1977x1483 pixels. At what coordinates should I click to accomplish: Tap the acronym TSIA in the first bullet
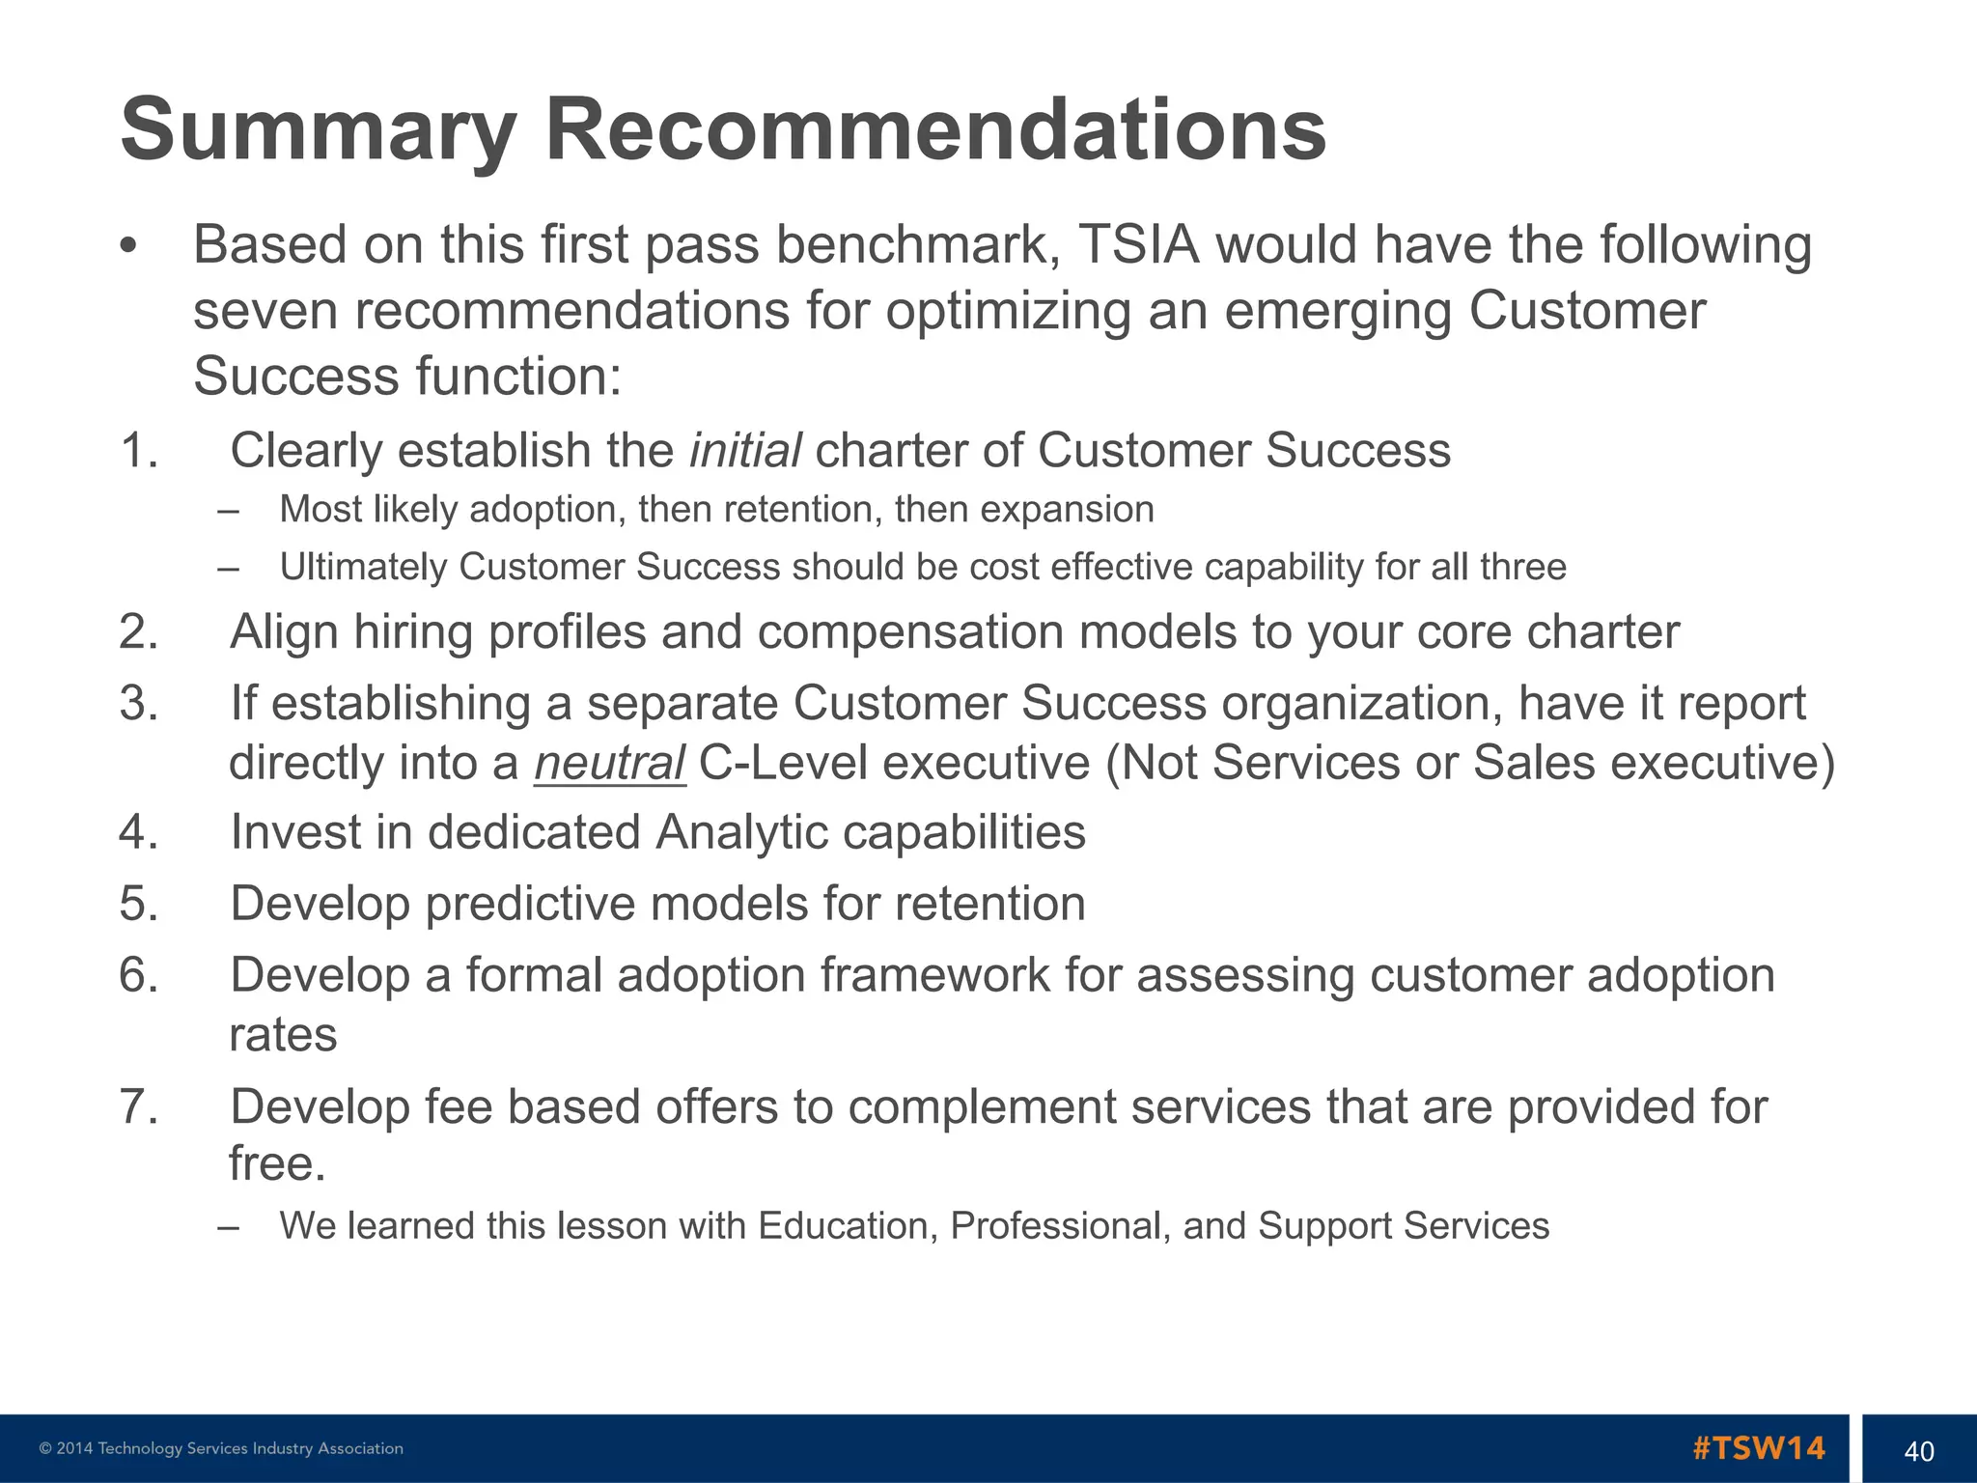pyautogui.click(x=1138, y=244)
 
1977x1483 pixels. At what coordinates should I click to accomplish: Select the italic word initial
pyautogui.click(x=744, y=450)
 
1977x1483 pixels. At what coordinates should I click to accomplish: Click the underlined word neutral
pyautogui.click(x=609, y=763)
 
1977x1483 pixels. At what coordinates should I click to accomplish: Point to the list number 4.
pyautogui.click(x=138, y=832)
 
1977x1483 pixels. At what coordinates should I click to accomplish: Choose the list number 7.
pyautogui.click(x=138, y=1106)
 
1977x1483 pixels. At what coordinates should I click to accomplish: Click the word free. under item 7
pyautogui.click(x=277, y=1163)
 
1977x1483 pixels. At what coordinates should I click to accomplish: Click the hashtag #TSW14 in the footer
pyautogui.click(x=1758, y=1448)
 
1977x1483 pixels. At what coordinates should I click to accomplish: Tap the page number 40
pyautogui.click(x=1918, y=1451)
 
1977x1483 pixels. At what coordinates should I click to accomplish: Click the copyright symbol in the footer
pyautogui.click(x=45, y=1448)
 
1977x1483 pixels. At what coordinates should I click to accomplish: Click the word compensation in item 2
pyautogui.click(x=909, y=632)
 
